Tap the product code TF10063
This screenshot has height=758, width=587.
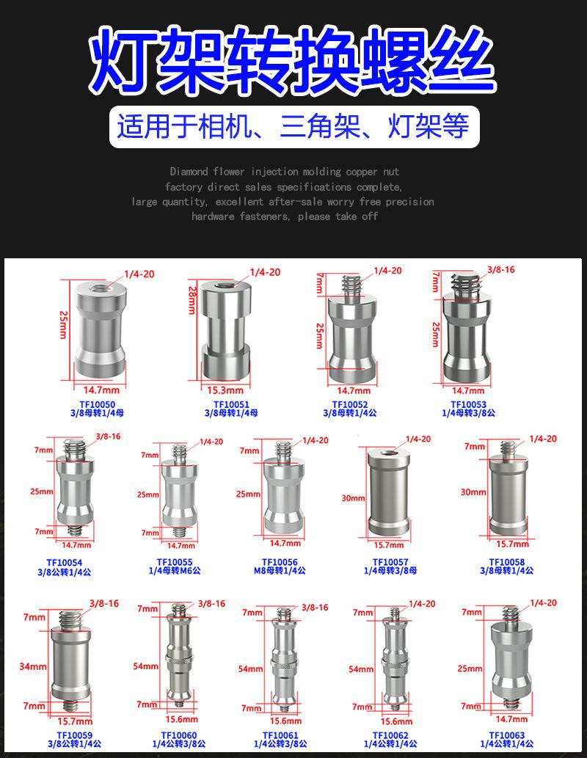507,734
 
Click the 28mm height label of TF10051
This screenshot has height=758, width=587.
192,301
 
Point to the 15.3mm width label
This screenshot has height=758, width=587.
225,390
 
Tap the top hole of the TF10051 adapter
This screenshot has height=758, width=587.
225,283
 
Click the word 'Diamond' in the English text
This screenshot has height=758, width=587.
189,172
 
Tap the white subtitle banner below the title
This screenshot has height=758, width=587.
293,127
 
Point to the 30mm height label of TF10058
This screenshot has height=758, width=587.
473,492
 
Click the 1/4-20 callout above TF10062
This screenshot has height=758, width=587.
421,604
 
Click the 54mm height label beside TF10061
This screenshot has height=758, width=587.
250,669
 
